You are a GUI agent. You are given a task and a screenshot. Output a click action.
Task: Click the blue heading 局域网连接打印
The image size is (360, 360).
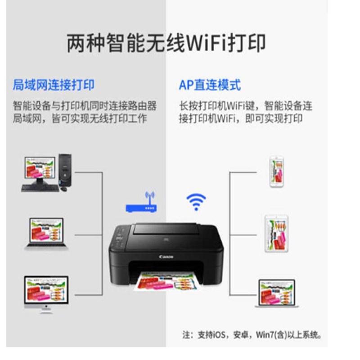[54, 85]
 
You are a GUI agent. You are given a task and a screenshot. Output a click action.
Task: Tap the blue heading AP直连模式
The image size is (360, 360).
[210, 85]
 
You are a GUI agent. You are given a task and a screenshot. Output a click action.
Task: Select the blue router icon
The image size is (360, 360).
[141, 207]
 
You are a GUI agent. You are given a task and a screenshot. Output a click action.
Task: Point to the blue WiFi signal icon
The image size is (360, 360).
[196, 201]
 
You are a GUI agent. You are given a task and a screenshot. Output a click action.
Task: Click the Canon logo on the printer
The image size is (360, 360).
[166, 256]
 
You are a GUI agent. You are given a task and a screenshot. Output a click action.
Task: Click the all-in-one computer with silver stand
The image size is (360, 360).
[46, 292]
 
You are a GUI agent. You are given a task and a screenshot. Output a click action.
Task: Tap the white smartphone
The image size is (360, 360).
[276, 171]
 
